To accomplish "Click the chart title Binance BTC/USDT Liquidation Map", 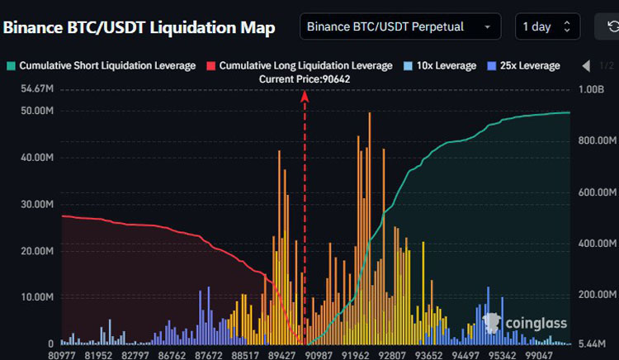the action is (x=139, y=28).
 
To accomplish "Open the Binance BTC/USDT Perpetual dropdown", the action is (x=400, y=26).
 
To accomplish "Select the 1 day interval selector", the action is (x=547, y=26).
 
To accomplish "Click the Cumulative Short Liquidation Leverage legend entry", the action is (x=102, y=65).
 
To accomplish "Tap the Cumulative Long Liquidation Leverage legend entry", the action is (x=300, y=65).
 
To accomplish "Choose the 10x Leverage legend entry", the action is (x=440, y=65).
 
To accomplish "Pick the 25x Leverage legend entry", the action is (x=523, y=65).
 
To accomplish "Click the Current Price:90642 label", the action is (x=305, y=79).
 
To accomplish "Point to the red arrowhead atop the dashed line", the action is (x=305, y=95).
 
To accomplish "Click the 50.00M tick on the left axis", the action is (x=37, y=111).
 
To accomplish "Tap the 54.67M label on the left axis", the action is (x=37, y=89).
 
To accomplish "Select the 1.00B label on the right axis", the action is (x=592, y=89).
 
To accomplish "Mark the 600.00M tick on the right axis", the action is (x=598, y=192).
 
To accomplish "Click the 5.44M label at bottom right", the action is (x=592, y=343).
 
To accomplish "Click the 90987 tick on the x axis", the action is (x=319, y=355).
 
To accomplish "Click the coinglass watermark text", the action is (x=536, y=324).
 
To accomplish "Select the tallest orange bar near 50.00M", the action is (x=370, y=228).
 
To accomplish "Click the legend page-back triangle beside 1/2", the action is (x=586, y=66).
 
